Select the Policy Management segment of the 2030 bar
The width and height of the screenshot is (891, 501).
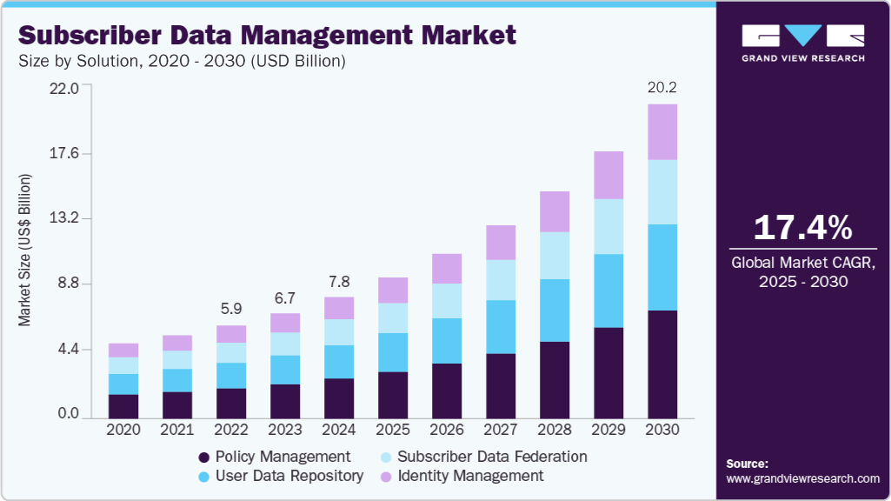662,364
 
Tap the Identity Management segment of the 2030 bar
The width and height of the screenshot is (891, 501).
662,131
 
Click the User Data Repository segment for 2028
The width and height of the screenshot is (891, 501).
555,310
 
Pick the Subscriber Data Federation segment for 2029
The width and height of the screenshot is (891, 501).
608,226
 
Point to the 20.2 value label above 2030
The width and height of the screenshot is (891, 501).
662,87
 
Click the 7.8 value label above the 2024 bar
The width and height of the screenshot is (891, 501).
339,281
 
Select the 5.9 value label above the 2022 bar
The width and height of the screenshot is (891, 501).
231,308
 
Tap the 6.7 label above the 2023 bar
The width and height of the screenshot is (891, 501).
285,297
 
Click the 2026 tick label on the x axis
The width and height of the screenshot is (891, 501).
447,430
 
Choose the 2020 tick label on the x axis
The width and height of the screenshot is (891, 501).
123,430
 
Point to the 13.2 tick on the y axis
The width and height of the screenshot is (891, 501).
63,218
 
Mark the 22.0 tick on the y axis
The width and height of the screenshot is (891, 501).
63,88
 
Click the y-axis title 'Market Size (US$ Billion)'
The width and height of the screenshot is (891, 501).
24,250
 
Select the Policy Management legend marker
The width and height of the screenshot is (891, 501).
204,457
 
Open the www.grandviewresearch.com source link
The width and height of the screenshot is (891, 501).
802,478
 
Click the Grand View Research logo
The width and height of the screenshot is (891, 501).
802,42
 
